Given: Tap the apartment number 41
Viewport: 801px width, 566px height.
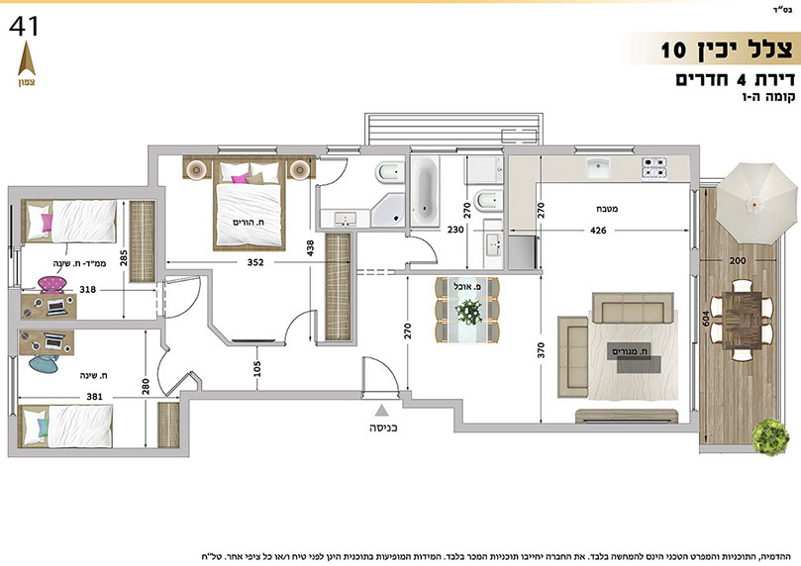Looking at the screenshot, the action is [x=24, y=27].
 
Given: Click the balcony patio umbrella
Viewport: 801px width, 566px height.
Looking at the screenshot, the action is [x=755, y=204].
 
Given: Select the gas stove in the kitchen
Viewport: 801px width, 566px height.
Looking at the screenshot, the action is [x=654, y=169].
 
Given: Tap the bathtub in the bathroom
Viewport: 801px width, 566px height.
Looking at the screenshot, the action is [x=425, y=191].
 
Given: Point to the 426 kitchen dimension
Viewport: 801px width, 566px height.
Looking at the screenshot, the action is [x=598, y=231].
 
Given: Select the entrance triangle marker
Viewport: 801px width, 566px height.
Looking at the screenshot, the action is [x=380, y=410].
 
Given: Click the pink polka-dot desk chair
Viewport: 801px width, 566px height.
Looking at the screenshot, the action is [x=52, y=284].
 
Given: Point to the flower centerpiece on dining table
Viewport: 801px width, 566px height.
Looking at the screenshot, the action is [x=468, y=312].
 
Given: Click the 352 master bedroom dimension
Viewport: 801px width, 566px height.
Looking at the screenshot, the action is [x=255, y=262].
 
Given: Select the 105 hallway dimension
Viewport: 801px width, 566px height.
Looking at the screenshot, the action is [x=257, y=368].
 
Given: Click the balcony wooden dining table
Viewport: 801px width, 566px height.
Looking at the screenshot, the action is [x=743, y=320].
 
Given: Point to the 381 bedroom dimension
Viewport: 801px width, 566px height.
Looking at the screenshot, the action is [x=94, y=396].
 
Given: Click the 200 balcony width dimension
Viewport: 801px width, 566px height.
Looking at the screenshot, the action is [x=738, y=260].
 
